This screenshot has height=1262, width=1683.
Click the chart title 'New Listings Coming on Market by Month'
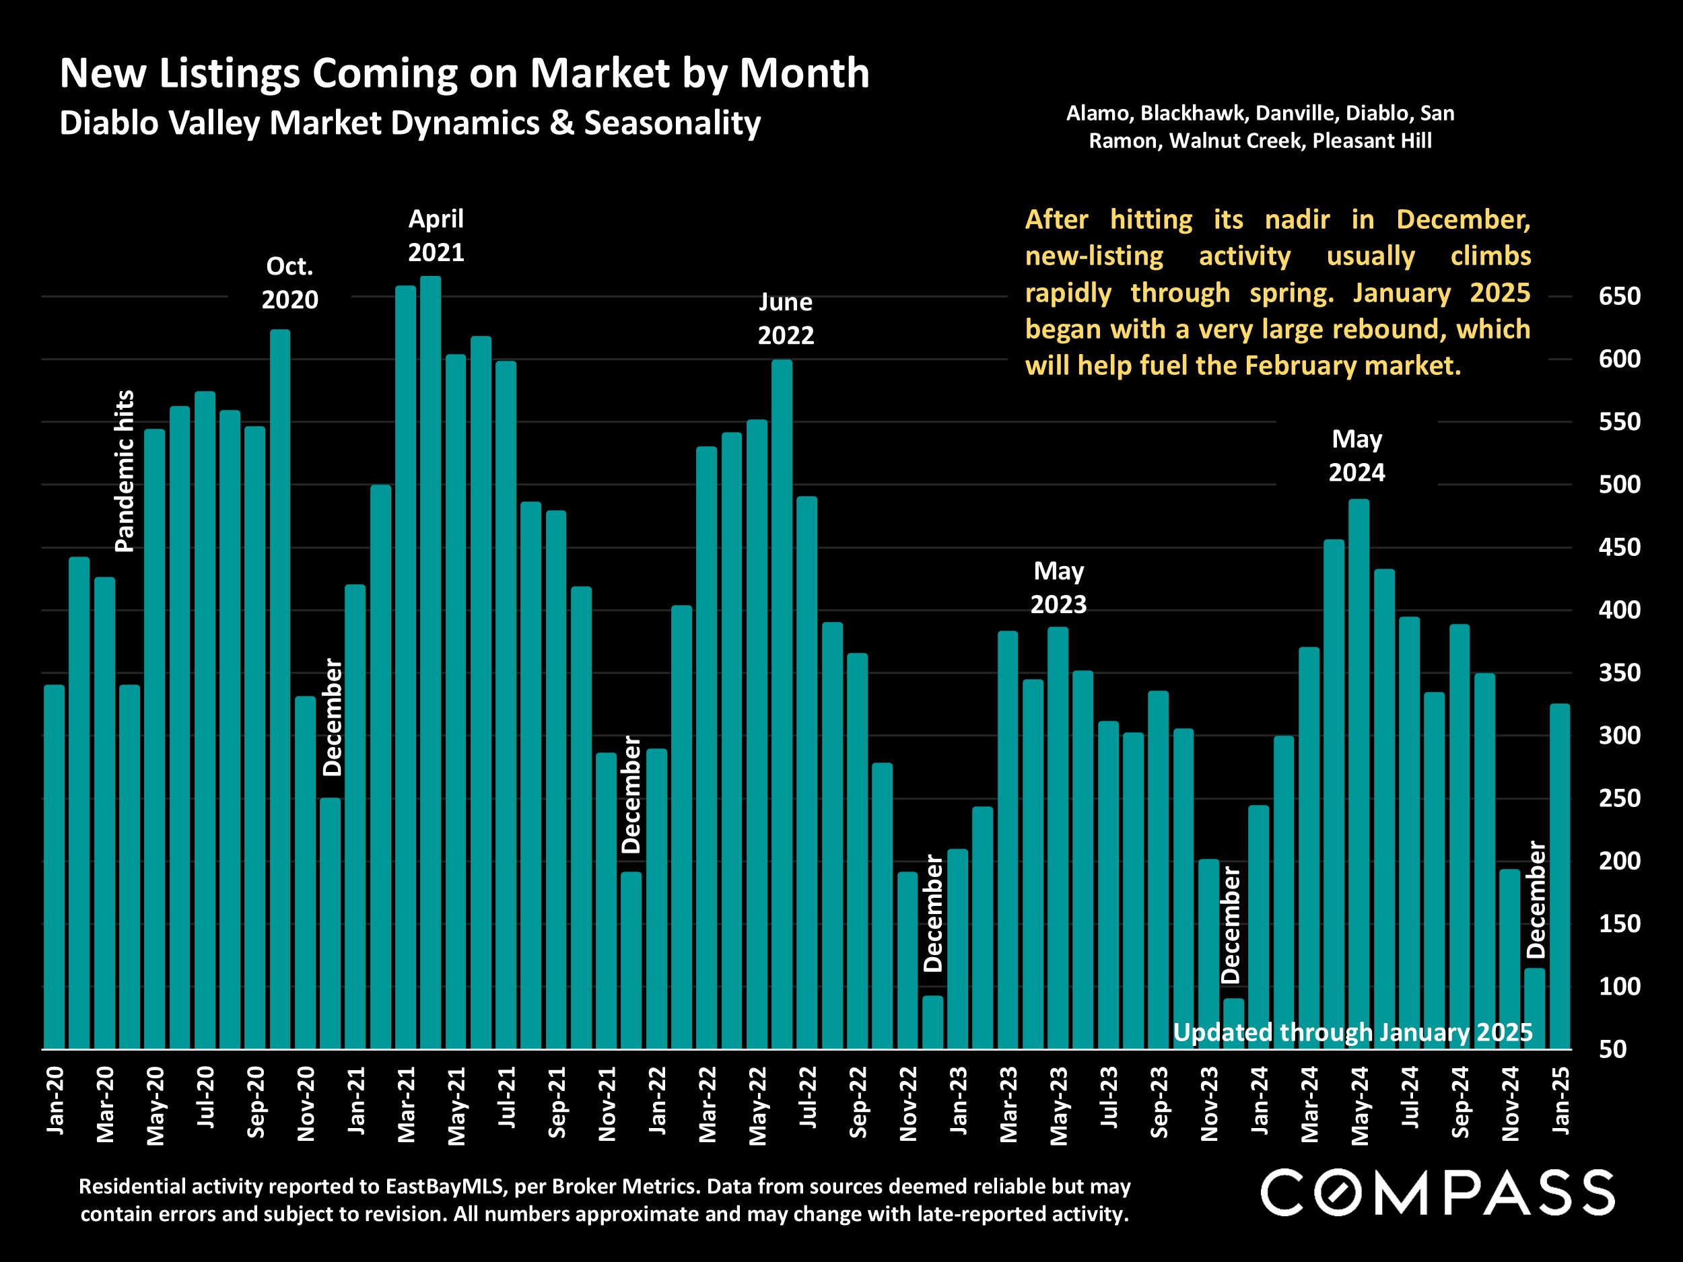click(x=464, y=74)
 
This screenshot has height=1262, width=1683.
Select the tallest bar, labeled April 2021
click(x=431, y=662)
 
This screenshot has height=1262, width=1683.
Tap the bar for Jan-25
click(x=1560, y=875)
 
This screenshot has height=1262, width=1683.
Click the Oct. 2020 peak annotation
click(x=290, y=283)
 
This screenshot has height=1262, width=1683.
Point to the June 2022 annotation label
click(x=786, y=319)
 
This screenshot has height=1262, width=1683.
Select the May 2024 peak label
click(x=1356, y=456)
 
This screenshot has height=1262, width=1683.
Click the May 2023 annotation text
click(x=1058, y=588)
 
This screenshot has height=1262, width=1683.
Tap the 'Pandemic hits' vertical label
click(x=124, y=471)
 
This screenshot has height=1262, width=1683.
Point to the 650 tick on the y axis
click(x=1619, y=296)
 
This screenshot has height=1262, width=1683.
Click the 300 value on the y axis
click(x=1619, y=736)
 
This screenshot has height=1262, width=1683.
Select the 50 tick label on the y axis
click(x=1612, y=1050)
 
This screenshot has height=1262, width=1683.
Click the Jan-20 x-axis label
click(x=56, y=1100)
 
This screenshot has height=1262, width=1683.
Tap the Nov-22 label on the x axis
click(x=908, y=1104)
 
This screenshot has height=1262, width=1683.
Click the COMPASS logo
click(x=1438, y=1193)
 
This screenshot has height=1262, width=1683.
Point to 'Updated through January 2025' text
click(x=1352, y=1032)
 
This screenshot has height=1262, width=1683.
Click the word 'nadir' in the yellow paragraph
click(x=1297, y=220)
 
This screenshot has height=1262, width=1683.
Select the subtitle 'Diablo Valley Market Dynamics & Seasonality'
click(x=410, y=123)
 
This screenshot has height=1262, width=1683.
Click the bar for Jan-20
click(x=54, y=867)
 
